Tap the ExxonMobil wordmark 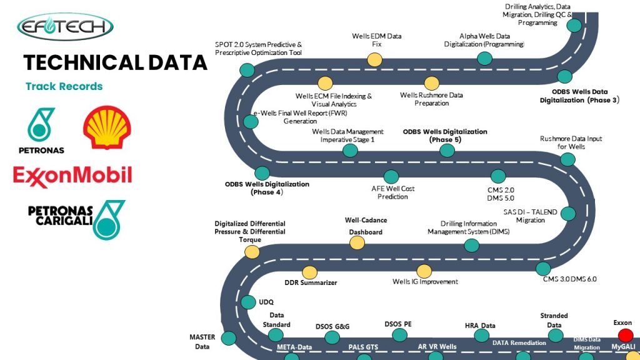[x=72, y=175]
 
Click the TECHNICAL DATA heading [x=115, y=62]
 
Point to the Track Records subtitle [x=64, y=86]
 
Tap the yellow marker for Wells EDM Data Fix [x=374, y=59]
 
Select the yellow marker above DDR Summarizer [x=309, y=272]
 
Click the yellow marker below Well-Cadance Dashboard [x=357, y=242]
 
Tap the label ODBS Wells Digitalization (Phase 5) [x=444, y=136]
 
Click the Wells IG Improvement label [x=425, y=282]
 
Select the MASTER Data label [x=202, y=341]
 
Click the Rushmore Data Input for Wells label [x=571, y=142]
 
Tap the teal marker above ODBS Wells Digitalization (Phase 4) [x=262, y=173]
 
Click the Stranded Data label [x=554, y=320]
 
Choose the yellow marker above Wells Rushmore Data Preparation [x=432, y=82]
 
